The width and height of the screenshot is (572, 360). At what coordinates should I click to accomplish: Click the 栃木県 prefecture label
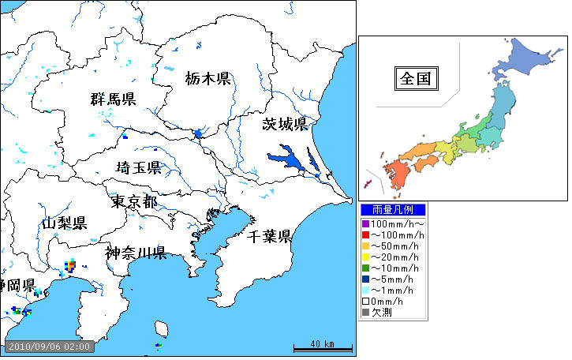[x=207, y=78]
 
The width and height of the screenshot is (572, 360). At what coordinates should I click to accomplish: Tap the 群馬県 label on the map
[x=113, y=99]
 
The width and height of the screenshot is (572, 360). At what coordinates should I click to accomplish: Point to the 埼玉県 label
[x=138, y=167]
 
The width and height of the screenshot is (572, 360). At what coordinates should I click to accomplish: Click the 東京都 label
[x=133, y=201]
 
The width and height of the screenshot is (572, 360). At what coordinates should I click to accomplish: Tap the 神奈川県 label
[x=135, y=253]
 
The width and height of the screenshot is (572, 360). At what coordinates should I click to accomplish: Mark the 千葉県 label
[x=269, y=236]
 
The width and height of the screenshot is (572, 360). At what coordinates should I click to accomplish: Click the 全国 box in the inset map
[x=417, y=79]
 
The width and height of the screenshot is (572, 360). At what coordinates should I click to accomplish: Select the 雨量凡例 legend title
[x=392, y=210]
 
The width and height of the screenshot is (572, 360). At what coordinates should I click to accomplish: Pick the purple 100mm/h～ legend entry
[x=392, y=225]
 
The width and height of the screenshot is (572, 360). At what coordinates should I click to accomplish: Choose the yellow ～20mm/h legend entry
[x=392, y=257]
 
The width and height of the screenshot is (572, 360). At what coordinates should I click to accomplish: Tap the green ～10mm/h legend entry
[x=392, y=268]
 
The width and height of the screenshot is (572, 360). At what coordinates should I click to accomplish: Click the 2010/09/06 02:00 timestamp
[x=49, y=346]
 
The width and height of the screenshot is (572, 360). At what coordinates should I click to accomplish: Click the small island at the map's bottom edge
[x=163, y=328]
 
